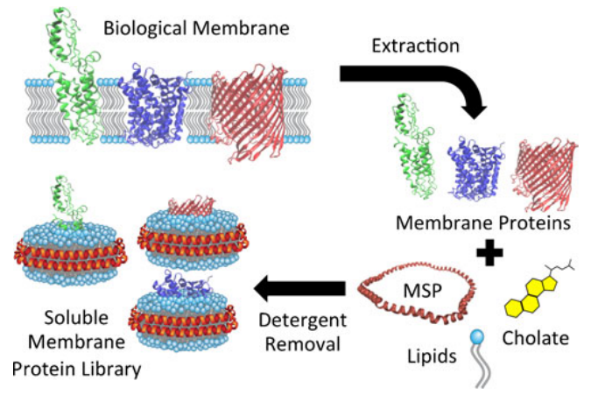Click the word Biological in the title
(143, 28)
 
